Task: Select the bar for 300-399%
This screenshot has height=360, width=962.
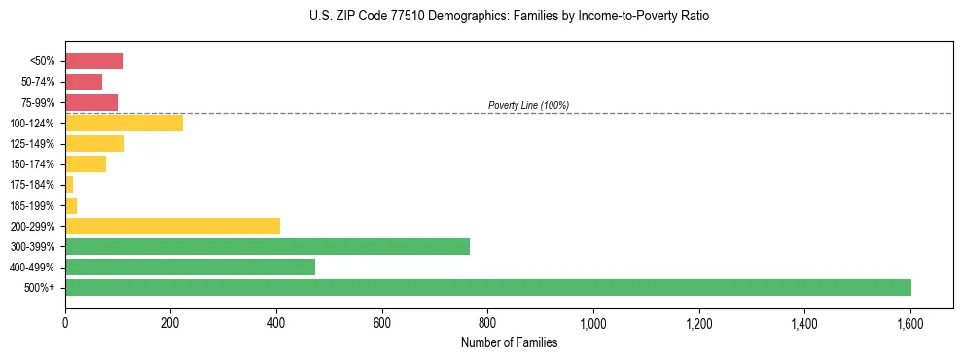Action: (x=267, y=246)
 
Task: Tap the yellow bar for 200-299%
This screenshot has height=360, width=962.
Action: (x=172, y=226)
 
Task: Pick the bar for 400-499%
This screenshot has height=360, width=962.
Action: (x=190, y=267)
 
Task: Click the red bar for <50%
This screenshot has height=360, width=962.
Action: (x=93, y=61)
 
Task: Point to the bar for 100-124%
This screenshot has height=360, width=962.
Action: (x=124, y=123)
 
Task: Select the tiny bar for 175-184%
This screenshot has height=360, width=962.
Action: (x=69, y=185)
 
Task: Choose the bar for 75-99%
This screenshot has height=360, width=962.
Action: (x=91, y=102)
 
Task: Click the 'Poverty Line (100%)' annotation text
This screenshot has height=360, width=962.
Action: (x=528, y=105)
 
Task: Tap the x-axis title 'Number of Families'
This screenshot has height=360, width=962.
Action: (x=509, y=342)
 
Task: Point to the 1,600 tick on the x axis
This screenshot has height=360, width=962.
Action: (x=910, y=323)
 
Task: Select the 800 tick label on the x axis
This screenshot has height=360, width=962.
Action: (x=487, y=323)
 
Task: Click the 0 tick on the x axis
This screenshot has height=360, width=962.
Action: (x=65, y=323)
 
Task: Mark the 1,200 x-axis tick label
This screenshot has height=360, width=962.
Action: (x=698, y=323)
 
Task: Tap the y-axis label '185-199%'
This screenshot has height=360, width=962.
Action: (x=34, y=205)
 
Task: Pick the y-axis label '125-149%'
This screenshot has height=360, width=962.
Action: (x=34, y=144)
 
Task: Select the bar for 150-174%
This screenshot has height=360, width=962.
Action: (x=86, y=163)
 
